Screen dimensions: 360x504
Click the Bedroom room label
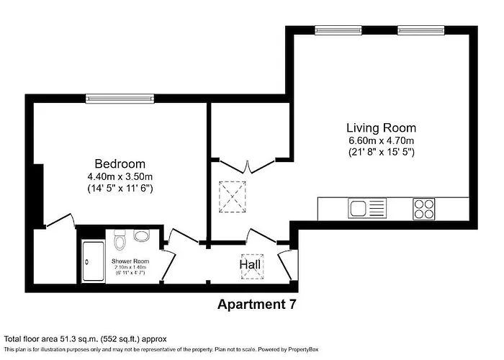tap(120, 163)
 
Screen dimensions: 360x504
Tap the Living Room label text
tap(382, 127)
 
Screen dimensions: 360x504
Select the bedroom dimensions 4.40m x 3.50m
tap(120, 176)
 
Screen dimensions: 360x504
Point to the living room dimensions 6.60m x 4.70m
tap(382, 140)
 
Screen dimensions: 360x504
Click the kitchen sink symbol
tap(368, 209)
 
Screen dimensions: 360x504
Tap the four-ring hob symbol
tap(423, 209)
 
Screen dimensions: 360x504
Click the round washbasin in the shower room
tap(141, 235)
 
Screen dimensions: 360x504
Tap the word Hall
tap(251, 266)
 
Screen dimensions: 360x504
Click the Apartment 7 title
tap(256, 305)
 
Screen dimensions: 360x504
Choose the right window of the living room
tap(417, 30)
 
